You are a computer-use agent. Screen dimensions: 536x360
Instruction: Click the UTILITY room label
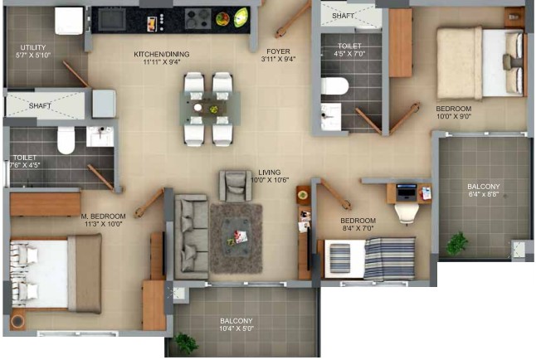click(33, 47)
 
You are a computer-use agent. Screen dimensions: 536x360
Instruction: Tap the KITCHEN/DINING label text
click(161, 54)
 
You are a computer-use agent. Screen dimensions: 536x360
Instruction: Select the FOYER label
click(278, 51)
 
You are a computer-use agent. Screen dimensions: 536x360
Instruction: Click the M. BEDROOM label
click(103, 216)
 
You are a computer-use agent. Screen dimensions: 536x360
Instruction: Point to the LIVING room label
click(270, 173)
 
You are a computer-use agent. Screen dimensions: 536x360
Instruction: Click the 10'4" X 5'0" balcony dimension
click(236, 328)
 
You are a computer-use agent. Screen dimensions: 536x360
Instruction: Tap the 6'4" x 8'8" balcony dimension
click(484, 195)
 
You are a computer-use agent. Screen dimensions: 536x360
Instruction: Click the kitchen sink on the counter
click(112, 19)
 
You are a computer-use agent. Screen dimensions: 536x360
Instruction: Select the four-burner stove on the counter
click(198, 18)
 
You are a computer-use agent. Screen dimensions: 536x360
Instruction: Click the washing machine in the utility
click(69, 21)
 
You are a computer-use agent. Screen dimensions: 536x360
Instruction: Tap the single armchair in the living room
click(236, 186)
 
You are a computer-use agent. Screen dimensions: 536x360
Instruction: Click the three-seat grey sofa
click(192, 236)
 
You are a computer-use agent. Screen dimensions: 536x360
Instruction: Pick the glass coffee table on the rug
click(236, 237)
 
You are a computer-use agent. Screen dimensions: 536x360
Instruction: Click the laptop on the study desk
click(406, 192)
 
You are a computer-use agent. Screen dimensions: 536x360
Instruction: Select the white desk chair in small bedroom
click(407, 213)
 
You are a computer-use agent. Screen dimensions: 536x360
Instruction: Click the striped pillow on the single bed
click(340, 258)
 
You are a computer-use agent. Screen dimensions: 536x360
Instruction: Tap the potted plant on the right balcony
click(456, 243)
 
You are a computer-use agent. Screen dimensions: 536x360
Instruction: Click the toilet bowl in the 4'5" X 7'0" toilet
click(334, 86)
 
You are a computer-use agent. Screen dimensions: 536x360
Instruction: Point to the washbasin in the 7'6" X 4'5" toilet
click(100, 136)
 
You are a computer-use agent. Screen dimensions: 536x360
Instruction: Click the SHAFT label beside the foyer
click(344, 16)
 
